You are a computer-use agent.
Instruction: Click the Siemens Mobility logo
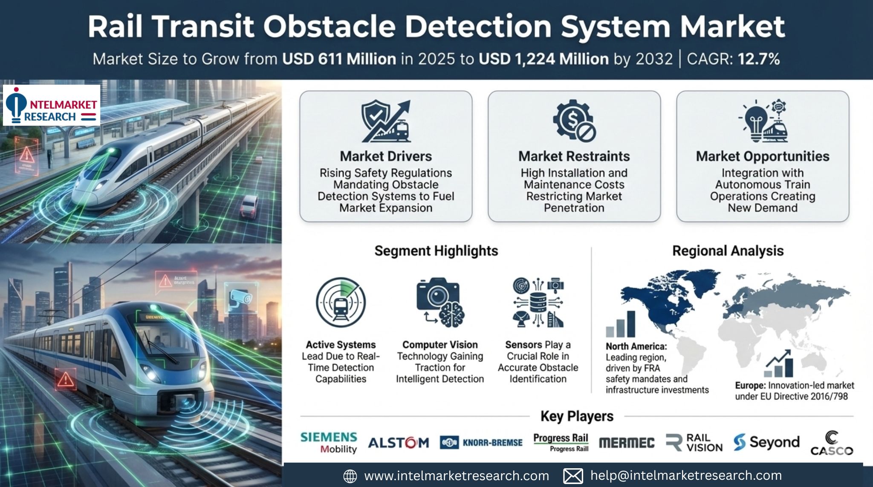[x=329, y=443]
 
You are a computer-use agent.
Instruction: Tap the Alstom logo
[x=398, y=443]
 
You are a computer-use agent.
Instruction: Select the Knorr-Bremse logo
[x=481, y=443]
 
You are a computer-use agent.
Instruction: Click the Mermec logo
[x=626, y=443]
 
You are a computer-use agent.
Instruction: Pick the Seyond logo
[x=766, y=442]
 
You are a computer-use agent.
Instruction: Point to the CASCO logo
[x=831, y=444]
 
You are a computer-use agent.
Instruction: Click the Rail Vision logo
[x=694, y=443]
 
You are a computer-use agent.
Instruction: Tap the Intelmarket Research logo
[x=52, y=105]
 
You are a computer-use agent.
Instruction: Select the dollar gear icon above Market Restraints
[x=574, y=121]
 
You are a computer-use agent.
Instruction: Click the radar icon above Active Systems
[x=341, y=303]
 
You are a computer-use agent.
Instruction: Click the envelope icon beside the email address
[x=572, y=476]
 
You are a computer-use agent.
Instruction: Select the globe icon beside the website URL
[x=350, y=476]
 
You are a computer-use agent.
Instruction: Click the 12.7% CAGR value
[x=758, y=59]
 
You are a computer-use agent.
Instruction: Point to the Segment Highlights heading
[x=436, y=251]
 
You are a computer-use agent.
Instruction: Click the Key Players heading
[x=577, y=416]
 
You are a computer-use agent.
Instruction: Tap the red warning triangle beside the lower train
[x=65, y=379]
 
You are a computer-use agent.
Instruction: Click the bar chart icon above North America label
[x=621, y=324]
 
